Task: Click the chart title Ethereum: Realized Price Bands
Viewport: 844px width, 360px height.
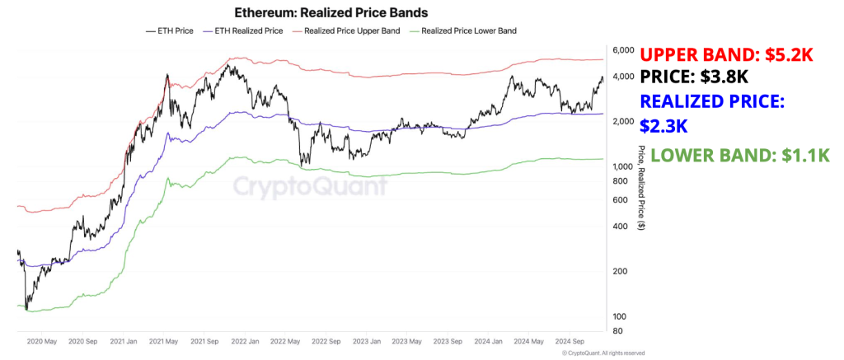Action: pyautogui.click(x=321, y=13)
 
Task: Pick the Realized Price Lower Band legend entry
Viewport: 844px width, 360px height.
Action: pyautogui.click(x=465, y=31)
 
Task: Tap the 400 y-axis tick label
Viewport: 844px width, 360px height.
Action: pyautogui.click(x=619, y=227)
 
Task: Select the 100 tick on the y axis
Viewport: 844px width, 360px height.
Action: pyautogui.click(x=619, y=317)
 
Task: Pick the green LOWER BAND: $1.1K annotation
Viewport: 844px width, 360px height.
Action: pyautogui.click(x=739, y=156)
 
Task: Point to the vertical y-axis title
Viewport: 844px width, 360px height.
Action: pyautogui.click(x=641, y=188)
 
